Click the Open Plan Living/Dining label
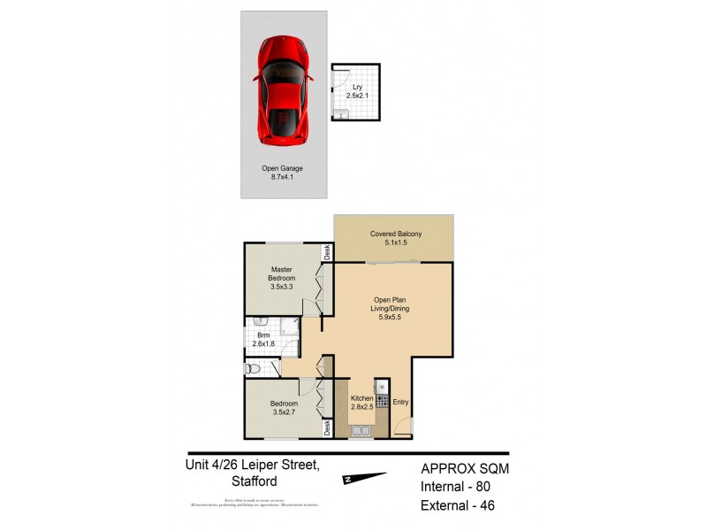coord(389,308)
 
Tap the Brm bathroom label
coord(263,335)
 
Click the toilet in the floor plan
coord(253,367)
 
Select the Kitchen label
coord(362,399)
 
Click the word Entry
coord(401,403)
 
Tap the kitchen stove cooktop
coord(382,400)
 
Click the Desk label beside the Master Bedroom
coord(327,251)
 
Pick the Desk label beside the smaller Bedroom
coord(327,428)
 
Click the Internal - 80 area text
coord(456,489)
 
